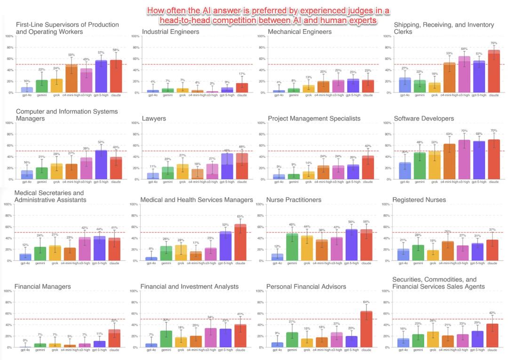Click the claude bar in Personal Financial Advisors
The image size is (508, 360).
tap(366, 329)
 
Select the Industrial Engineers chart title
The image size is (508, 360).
tap(170, 32)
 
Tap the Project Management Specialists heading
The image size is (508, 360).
tap(314, 119)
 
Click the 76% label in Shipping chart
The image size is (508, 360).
tap(494, 43)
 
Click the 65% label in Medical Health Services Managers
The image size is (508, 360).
tap(240, 216)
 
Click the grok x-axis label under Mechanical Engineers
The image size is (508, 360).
tap(308, 95)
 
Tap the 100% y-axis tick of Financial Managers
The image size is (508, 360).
tap(8, 291)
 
